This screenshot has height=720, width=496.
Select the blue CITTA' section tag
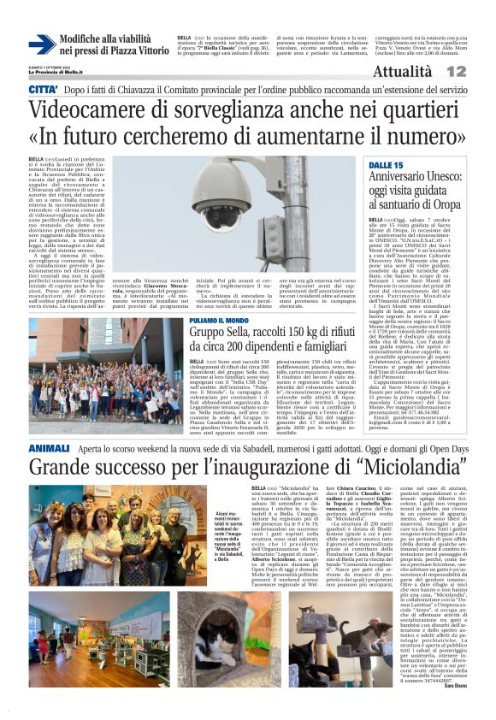coord(43,90)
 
